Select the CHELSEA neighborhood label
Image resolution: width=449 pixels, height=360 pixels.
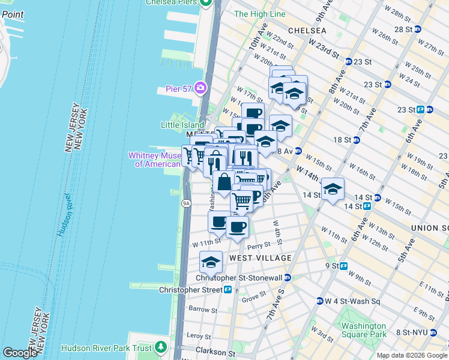[x=307, y=31]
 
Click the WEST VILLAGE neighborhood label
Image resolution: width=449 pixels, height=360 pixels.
[x=261, y=258]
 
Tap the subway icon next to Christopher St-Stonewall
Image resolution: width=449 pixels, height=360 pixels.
[x=288, y=277]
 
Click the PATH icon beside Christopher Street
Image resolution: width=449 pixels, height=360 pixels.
[x=228, y=290]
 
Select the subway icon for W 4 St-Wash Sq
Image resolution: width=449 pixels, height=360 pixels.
[x=320, y=301]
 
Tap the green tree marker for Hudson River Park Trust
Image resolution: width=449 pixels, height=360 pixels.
[x=160, y=347]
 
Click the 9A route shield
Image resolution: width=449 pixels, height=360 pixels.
[x=185, y=204]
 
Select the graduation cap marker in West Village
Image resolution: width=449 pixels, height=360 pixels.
[x=211, y=262]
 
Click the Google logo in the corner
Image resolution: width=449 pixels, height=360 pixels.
[x=20, y=353]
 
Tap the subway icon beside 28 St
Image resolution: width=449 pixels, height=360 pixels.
[x=417, y=29]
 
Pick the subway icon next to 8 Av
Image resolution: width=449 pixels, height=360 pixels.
[x=297, y=151]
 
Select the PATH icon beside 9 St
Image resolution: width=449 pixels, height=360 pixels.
[x=344, y=266]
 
